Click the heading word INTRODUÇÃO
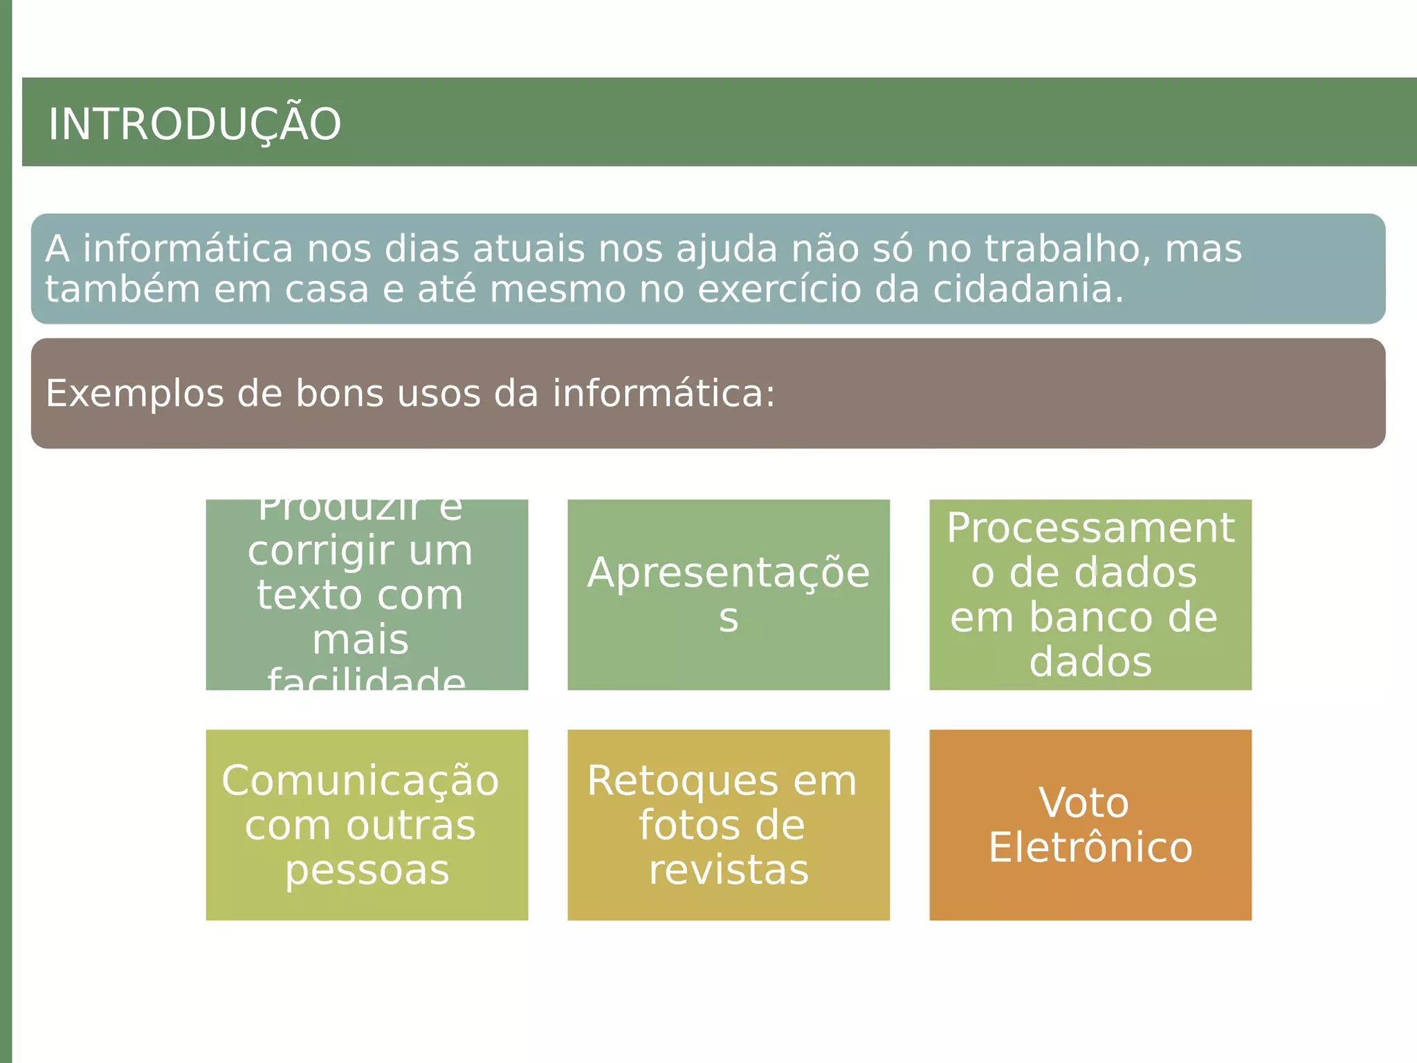[x=194, y=125]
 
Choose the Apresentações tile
[x=728, y=594]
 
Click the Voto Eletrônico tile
[x=1090, y=824]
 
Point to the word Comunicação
[x=360, y=781]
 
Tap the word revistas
[x=729, y=870]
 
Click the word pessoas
[x=367, y=870]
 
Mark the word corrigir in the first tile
[x=307, y=552]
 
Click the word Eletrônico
[x=1090, y=848]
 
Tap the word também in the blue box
[x=122, y=289]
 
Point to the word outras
[x=411, y=826]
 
